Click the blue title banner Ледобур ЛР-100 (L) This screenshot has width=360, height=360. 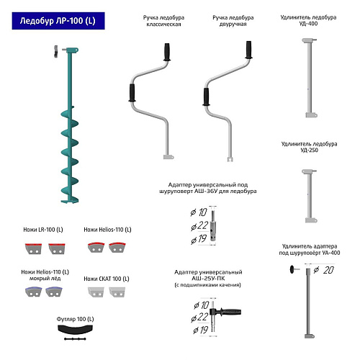[x=58, y=21]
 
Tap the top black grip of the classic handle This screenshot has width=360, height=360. [x=167, y=52]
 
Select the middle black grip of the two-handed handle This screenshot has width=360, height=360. [x=206, y=96]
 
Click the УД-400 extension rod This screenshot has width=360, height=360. [x=310, y=78]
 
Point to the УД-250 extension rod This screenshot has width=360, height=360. [x=310, y=196]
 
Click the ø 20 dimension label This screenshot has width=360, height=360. [x=324, y=270]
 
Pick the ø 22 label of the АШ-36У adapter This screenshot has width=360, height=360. [x=199, y=226]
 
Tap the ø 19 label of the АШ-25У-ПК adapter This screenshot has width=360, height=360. [x=201, y=330]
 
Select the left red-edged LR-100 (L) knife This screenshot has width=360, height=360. [x=33, y=248]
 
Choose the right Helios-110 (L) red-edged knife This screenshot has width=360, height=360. [x=117, y=247]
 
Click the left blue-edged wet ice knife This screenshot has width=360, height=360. [x=33, y=292]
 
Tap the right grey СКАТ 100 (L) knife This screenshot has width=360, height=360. [x=117, y=292]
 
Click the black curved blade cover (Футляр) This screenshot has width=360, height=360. [x=75, y=329]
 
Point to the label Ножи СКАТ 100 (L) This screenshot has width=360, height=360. [x=107, y=279]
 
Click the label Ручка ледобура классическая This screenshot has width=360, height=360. [x=163, y=21]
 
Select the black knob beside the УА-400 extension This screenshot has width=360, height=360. [x=292, y=269]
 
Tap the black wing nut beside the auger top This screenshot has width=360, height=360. [x=56, y=51]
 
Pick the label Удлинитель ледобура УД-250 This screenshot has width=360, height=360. [x=310, y=147]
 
